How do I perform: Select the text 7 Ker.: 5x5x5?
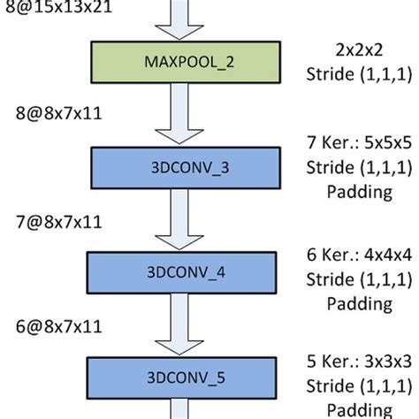(359, 141)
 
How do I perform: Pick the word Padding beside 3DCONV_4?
(359, 303)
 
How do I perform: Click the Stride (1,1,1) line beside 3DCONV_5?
(359, 386)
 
